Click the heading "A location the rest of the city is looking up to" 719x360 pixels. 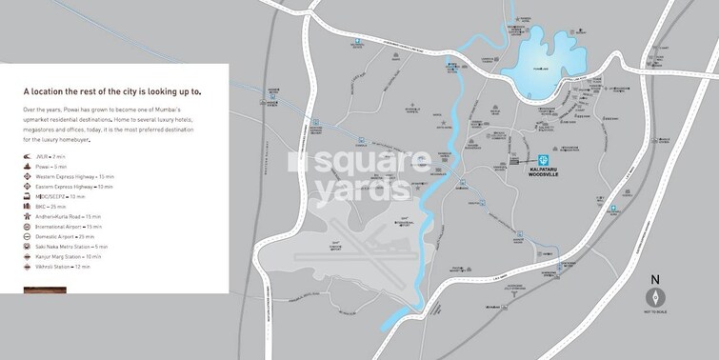pos(112,92)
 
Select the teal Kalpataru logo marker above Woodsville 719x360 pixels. pos(543,160)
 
